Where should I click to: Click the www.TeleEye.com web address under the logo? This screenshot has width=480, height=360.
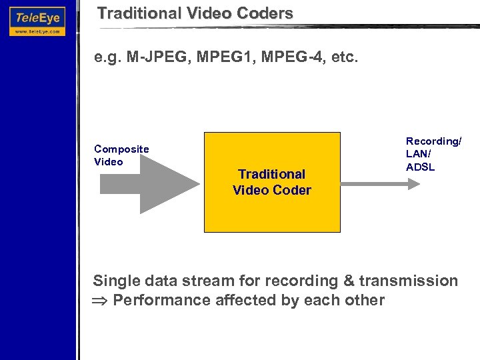(x=37, y=31)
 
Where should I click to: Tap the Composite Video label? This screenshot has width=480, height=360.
(x=121, y=155)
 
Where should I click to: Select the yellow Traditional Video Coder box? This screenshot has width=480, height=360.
(x=272, y=181)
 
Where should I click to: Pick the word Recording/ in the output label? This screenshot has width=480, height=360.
(x=434, y=142)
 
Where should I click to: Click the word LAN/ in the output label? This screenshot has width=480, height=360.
(x=419, y=155)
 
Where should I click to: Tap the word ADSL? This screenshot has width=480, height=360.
(x=420, y=167)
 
